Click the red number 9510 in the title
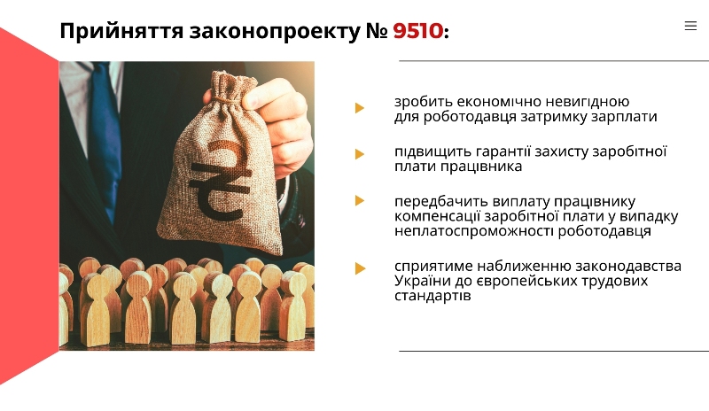click(x=418, y=31)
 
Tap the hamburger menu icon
click(x=690, y=26)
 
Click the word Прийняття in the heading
click(x=121, y=32)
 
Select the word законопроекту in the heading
click(x=275, y=32)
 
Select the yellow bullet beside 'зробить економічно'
click(x=360, y=107)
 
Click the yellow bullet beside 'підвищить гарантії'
click(x=360, y=154)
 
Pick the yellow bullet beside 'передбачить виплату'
click(x=360, y=200)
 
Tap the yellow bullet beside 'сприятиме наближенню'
click(x=360, y=268)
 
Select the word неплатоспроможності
click(x=474, y=231)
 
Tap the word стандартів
click(x=432, y=296)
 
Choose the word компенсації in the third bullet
click(x=437, y=217)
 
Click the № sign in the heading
click(x=377, y=31)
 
